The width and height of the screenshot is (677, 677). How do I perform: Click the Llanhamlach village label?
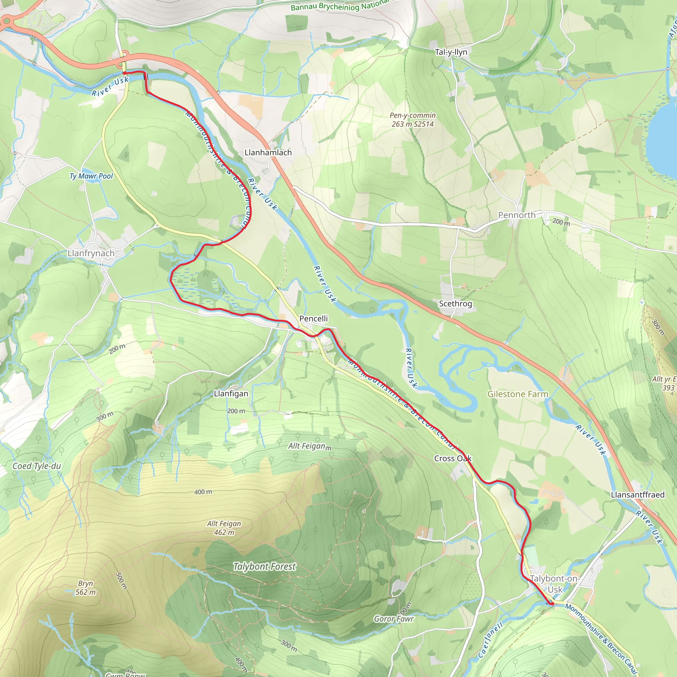[x=268, y=152]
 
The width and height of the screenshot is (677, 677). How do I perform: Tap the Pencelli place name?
[x=313, y=319]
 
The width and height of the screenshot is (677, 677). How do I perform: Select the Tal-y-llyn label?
[x=451, y=52]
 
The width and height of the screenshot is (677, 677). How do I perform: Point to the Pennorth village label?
[x=517, y=215]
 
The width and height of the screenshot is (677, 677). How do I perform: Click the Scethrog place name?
[x=455, y=303]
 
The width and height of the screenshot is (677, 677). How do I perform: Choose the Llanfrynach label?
[x=91, y=253]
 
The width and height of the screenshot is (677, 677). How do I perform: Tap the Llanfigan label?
[x=231, y=393]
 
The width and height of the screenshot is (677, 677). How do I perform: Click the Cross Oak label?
[x=453, y=458]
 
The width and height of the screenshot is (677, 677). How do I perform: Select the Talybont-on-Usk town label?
[x=555, y=584]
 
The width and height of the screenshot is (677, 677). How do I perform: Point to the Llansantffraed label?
[x=637, y=495]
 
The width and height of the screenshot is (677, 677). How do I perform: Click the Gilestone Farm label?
[x=518, y=394]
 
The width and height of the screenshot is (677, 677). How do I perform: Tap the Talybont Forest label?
[x=264, y=567]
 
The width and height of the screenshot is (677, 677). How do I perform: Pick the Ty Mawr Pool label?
[x=91, y=176]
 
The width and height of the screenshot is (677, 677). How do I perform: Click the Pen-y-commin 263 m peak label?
[x=413, y=119]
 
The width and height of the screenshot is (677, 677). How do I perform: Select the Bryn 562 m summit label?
[x=86, y=588]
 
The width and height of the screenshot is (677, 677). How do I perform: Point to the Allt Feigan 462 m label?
[x=224, y=528]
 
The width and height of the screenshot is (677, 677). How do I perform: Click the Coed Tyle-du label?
[x=37, y=466]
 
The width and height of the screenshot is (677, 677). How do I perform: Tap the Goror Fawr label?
[x=394, y=619]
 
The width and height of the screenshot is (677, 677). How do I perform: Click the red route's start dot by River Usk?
[x=124, y=73]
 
